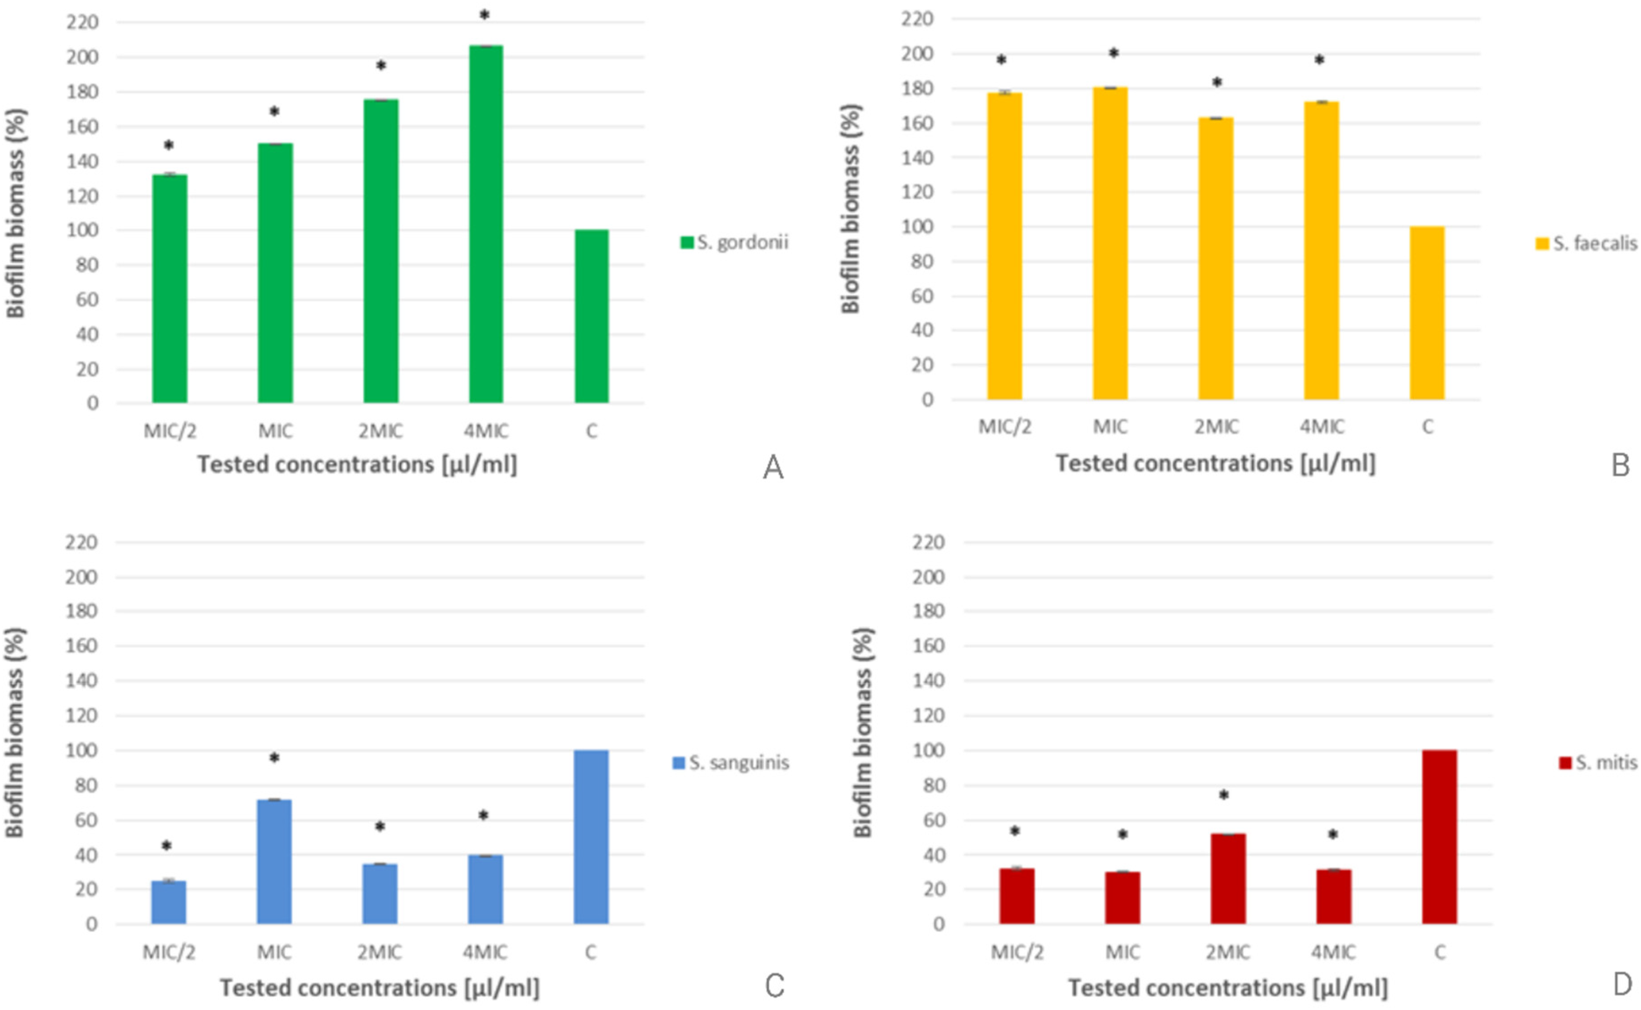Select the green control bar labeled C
592,317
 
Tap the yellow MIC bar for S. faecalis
1110,244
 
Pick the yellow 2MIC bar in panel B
1216,258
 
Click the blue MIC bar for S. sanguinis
274,862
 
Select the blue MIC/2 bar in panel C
169,902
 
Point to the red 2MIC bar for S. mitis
1228,879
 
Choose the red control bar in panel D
1439,837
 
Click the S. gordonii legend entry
734,242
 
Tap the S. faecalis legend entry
1586,244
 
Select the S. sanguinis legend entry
730,763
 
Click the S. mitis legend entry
1598,763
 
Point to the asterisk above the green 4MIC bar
485,15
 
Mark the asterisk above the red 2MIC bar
1224,795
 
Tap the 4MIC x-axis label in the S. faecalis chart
1322,427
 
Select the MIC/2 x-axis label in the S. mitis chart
1017,952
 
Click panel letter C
774,986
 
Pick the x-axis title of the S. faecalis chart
1215,464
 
